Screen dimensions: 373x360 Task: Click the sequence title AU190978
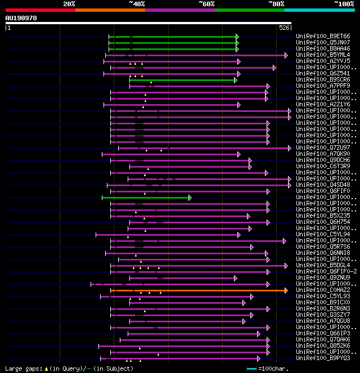coord(21,18)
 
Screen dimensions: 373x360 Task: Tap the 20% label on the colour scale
coord(69,4)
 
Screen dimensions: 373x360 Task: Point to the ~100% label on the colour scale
coord(344,4)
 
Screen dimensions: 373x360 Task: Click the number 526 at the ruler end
coord(284,27)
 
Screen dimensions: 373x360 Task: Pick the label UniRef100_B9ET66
coord(323,37)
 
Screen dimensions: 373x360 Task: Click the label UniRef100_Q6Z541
coord(323,74)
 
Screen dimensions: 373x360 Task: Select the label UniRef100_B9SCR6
coord(323,80)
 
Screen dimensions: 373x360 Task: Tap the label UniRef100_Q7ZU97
coord(323,148)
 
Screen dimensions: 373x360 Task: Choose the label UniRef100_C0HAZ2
coord(323,290)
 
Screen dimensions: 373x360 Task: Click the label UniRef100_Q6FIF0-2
coord(326,272)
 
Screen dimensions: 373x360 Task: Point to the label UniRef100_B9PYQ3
coord(323,358)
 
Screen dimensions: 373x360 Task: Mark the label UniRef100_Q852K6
coord(323,346)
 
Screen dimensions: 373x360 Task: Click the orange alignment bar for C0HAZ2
coord(197,290)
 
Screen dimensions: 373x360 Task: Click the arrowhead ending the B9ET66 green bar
coord(237,37)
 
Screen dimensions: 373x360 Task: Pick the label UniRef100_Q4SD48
coord(323,185)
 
